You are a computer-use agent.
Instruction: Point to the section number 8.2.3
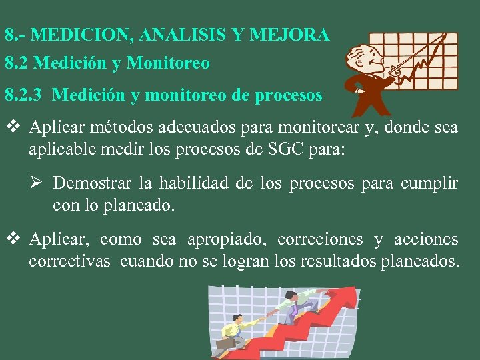(24, 95)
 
